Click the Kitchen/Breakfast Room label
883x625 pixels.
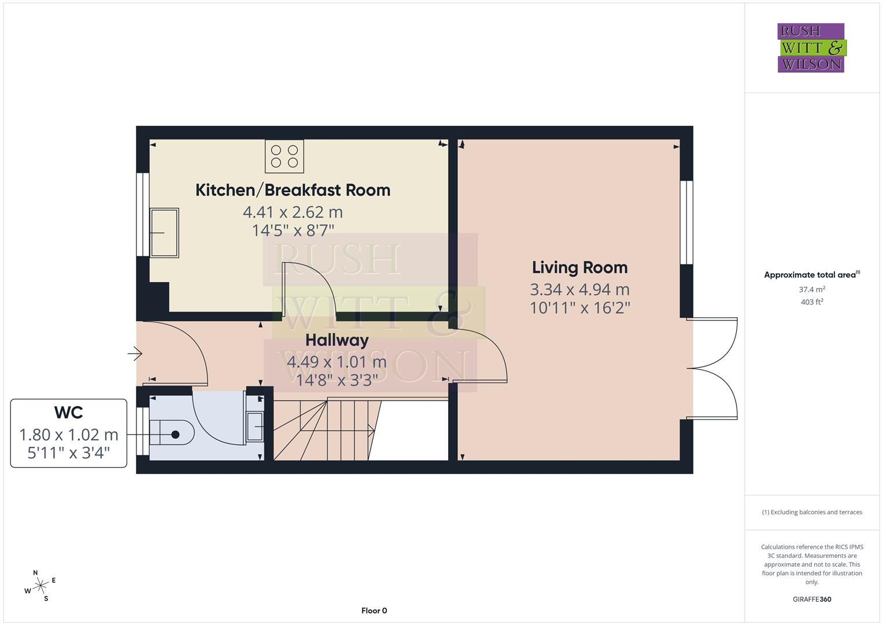pos(293,190)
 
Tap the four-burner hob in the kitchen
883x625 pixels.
pos(285,156)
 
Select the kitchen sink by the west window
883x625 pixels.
pos(164,233)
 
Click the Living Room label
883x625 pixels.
pos(579,267)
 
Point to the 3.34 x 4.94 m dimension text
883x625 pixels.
pos(579,289)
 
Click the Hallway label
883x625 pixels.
pos(337,340)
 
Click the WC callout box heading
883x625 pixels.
pos(68,413)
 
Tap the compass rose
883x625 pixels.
pos(40,586)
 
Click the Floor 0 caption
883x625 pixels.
pos(374,611)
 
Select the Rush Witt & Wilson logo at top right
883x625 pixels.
pos(811,47)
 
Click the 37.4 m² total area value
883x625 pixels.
pos(812,289)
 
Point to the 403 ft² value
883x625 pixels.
pos(812,302)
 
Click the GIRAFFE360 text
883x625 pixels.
pos(812,599)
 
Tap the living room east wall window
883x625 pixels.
pos(686,223)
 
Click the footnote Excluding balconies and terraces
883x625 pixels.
pos(812,512)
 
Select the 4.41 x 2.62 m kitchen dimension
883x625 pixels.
pos(293,212)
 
